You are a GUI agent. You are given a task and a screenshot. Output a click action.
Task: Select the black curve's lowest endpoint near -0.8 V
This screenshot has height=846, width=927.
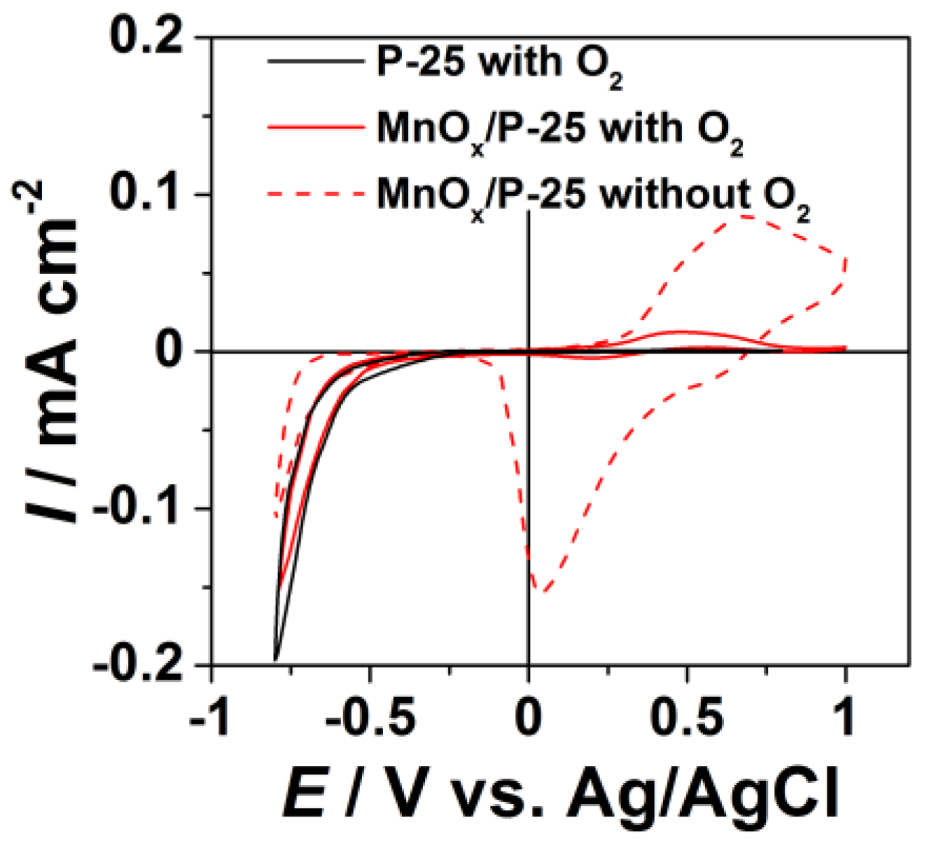pos(275,660)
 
